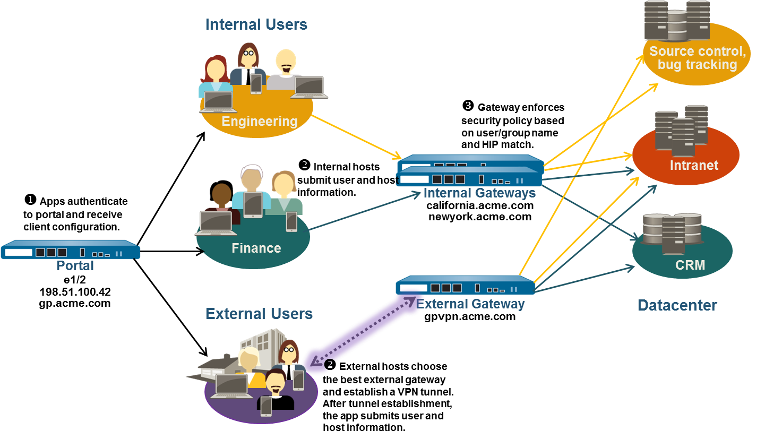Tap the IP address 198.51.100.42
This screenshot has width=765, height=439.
[x=75, y=292]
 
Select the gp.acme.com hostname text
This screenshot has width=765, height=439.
[x=75, y=303]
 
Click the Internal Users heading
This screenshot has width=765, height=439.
[x=256, y=24]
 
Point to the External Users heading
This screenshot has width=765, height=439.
[x=259, y=314]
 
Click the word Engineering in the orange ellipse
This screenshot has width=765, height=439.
[x=259, y=122]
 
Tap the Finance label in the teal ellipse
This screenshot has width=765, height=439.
[x=256, y=248]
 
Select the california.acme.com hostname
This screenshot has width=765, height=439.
[x=479, y=205]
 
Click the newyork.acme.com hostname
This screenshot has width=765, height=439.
[x=479, y=217]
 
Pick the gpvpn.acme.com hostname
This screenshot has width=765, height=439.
[x=470, y=316]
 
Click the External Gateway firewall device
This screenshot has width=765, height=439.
[x=466, y=286]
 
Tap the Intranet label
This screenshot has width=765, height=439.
[x=693, y=165]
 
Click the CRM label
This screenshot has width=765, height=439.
[x=690, y=264]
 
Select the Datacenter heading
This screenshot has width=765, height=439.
[x=677, y=305]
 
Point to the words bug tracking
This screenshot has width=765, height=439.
[x=697, y=65]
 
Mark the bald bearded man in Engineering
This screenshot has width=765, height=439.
[x=286, y=66]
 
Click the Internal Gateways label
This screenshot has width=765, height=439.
[x=479, y=193]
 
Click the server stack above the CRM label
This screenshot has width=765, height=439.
[x=672, y=234]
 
